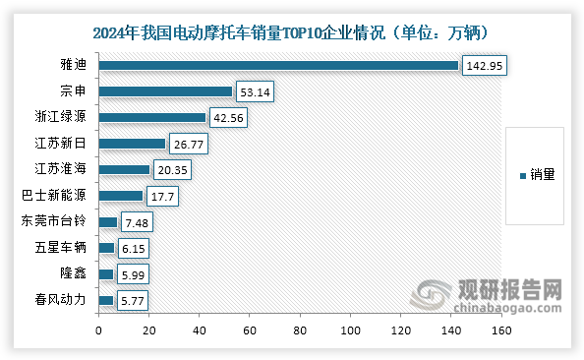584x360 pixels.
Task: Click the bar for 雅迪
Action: [x=278, y=66]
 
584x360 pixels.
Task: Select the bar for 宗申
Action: [x=165, y=91]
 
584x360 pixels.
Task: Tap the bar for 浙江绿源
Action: [x=152, y=118]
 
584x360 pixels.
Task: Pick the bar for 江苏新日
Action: [x=132, y=144]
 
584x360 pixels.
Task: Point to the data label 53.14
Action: [x=256, y=91]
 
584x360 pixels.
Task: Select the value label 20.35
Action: [x=174, y=169]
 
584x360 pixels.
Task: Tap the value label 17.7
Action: [x=163, y=195]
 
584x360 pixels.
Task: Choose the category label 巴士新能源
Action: [x=59, y=195]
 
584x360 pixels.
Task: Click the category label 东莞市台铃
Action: [x=59, y=221]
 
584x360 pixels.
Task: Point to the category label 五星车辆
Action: [x=65, y=247]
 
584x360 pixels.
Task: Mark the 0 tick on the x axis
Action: [x=98, y=331]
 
